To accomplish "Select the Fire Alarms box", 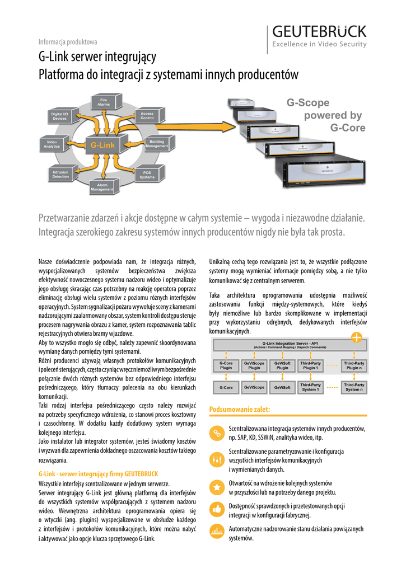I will tap(104, 102).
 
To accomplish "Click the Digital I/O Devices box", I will tap(59, 116).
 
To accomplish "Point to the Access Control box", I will tap(147, 116).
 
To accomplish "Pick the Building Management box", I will tap(157, 144).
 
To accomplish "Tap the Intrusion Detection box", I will tap(60, 175).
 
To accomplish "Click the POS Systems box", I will tap(147, 175).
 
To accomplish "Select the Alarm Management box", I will tap(102, 187).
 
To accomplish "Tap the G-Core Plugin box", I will tap(226, 365).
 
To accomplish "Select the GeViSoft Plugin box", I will tap(282, 365).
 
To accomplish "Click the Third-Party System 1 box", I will tap(310, 387).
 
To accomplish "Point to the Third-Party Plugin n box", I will tap(353, 365).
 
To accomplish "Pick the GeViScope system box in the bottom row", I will tap(254, 387).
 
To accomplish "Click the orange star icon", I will tap(216, 487).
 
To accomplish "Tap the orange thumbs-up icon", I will tap(216, 509).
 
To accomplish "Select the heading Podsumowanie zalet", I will tap(232, 410).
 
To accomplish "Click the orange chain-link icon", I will tap(216, 433).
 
